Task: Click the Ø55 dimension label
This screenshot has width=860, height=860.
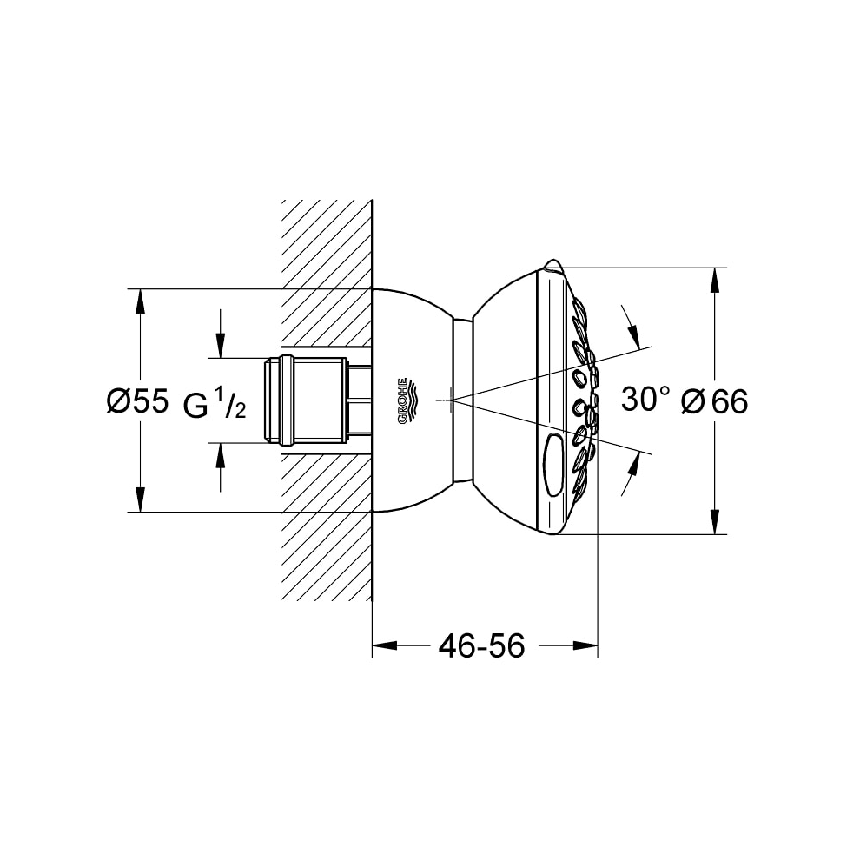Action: [137, 402]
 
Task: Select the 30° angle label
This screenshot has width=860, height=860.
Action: [645, 399]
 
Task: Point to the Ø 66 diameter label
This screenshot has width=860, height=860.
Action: [714, 402]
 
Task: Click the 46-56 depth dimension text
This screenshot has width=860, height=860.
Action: [481, 645]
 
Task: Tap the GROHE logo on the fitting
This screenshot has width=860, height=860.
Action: [403, 401]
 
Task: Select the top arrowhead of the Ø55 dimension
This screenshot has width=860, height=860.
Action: [141, 301]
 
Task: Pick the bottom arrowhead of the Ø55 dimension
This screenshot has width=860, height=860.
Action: [141, 499]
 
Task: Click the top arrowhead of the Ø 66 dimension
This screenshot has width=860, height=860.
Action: [714, 280]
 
